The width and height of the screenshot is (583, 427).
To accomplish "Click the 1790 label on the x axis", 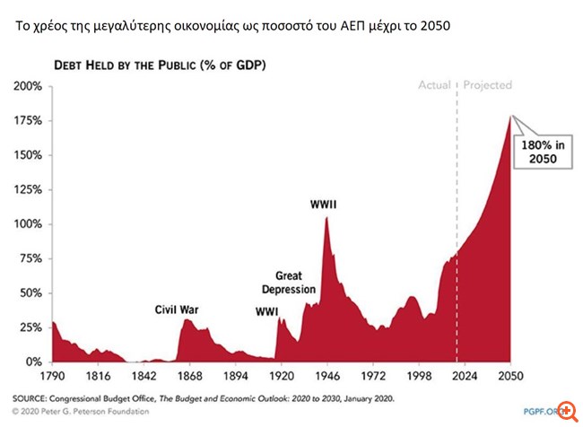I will pyautogui.click(x=52, y=378).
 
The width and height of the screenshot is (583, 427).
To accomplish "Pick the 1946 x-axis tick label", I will pyautogui.click(x=327, y=378).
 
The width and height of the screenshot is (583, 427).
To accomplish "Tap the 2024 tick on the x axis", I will pyautogui.click(x=465, y=378).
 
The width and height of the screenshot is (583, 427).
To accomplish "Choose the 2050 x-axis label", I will pyautogui.click(x=510, y=378).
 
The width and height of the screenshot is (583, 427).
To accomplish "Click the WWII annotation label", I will pyautogui.click(x=324, y=205).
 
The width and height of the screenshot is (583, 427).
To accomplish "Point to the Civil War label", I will pyautogui.click(x=177, y=309).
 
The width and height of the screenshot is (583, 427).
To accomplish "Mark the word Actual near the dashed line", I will pyautogui.click(x=435, y=86).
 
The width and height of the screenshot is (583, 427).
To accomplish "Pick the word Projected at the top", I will pyautogui.click(x=487, y=86).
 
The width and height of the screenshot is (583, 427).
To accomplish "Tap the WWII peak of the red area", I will pyautogui.click(x=326, y=218).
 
